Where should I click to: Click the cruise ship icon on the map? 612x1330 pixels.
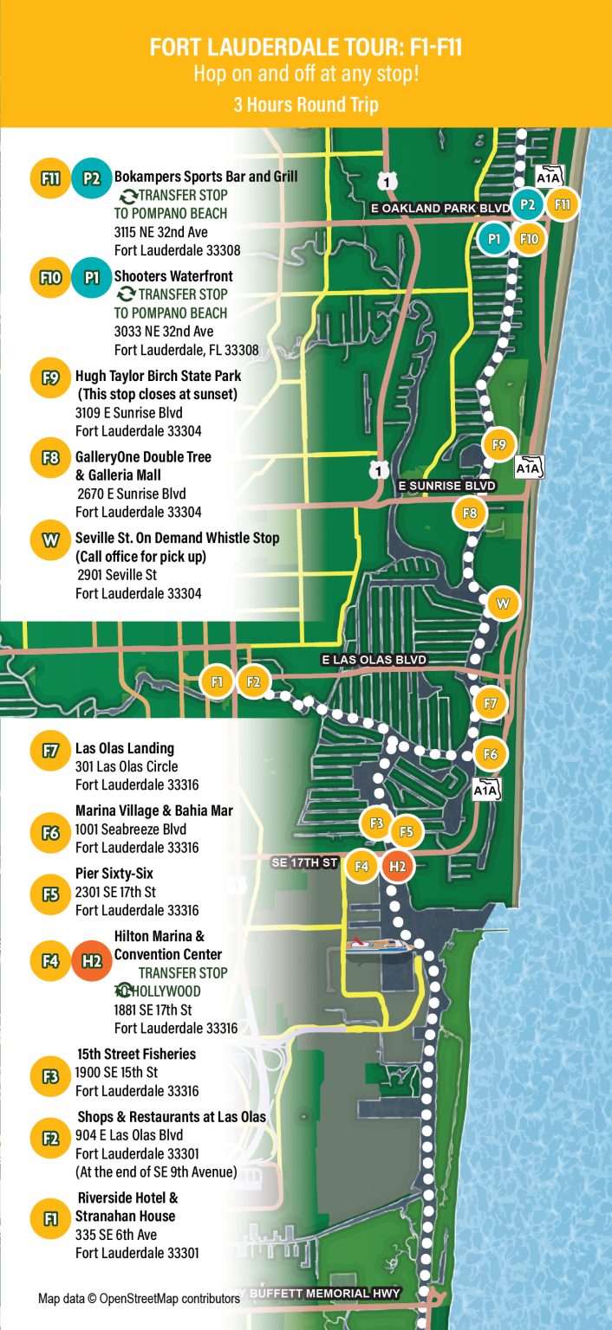point(378,946)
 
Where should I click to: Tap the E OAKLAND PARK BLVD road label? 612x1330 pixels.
point(439,209)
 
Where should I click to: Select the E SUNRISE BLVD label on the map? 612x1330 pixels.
point(446,487)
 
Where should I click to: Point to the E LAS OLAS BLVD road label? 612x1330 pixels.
point(374,660)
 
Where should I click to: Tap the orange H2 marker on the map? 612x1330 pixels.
point(397,865)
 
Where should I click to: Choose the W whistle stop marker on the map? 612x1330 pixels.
point(503,603)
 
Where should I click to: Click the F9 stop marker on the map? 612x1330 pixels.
point(498,445)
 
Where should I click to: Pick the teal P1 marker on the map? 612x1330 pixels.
point(494,238)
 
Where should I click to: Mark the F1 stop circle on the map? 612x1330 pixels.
point(217,681)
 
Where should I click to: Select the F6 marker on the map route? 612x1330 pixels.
point(491,754)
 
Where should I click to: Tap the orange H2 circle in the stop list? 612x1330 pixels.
point(91,960)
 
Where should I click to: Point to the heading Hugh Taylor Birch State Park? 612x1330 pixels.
point(158,377)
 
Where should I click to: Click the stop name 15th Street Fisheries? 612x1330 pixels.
point(137,1054)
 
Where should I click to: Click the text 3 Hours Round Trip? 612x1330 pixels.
point(306,105)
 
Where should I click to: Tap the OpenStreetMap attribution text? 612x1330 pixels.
point(139,1299)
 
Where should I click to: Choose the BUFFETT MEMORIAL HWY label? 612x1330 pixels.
point(324,1294)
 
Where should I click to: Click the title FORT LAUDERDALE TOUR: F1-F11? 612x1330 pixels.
point(306,48)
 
